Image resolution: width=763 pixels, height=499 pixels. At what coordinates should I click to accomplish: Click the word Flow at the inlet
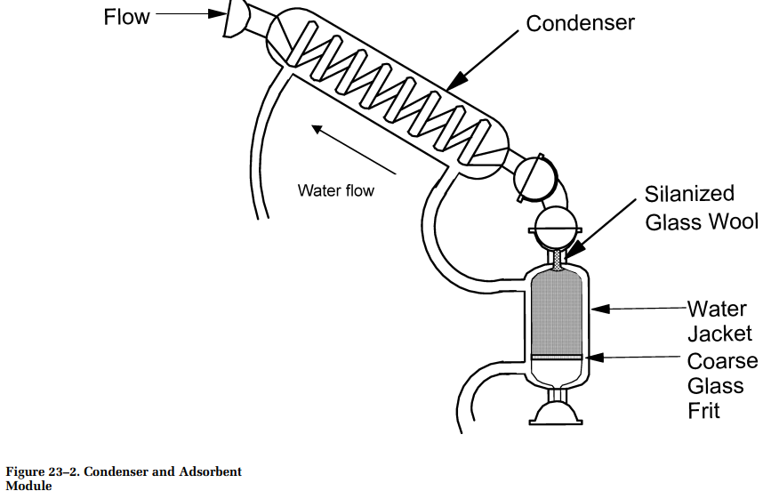(126, 17)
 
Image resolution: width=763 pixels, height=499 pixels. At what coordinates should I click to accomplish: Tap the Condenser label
(580, 23)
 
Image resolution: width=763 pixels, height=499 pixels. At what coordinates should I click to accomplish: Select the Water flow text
(336, 190)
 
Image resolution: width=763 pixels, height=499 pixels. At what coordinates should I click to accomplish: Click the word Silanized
(689, 194)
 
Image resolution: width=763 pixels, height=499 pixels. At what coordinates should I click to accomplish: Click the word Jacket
(719, 334)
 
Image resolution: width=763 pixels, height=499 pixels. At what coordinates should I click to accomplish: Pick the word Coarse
(722, 361)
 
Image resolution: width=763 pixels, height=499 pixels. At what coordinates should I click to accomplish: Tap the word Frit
(703, 410)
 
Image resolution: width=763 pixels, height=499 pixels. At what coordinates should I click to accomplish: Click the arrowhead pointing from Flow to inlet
(218, 13)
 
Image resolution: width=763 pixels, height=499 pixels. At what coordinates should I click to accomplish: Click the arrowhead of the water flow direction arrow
(317, 129)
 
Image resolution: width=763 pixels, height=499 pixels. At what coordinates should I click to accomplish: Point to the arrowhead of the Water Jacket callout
(600, 309)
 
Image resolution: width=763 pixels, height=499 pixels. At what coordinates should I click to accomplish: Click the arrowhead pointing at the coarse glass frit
(595, 358)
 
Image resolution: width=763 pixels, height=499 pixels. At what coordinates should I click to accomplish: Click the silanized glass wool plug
(558, 261)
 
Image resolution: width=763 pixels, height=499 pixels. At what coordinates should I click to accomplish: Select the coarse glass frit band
(557, 357)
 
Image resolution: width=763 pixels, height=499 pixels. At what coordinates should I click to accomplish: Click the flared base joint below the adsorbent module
(556, 414)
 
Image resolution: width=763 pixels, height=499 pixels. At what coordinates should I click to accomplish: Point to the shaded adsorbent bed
(557, 312)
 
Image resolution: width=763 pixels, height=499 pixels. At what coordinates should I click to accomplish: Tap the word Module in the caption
(28, 486)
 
